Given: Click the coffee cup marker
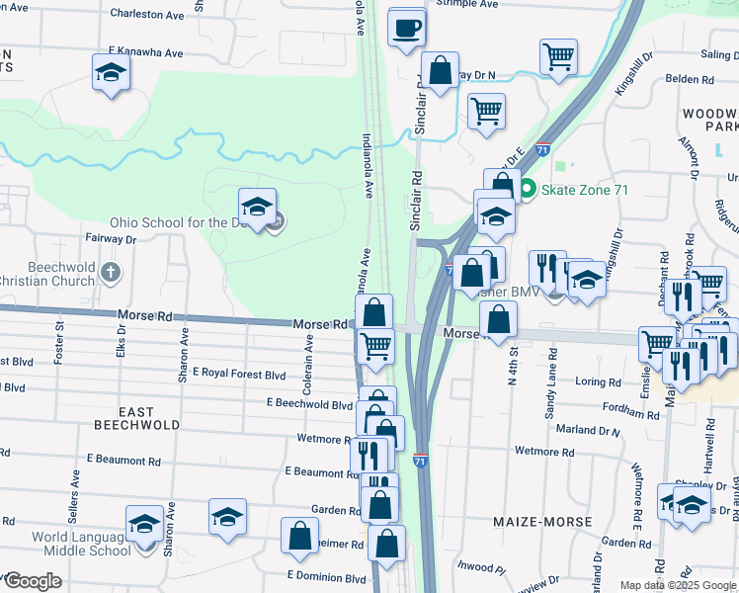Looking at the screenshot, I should [406, 28].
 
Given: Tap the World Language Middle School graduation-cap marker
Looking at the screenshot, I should [144, 524].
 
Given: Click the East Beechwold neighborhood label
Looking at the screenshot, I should [136, 418].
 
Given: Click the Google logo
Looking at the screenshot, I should [33, 581].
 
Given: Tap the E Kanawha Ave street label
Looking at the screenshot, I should [146, 51].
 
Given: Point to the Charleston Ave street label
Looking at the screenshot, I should [147, 15].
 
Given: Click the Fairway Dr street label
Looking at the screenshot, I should [110, 238].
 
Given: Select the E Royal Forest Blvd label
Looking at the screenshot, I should [239, 375].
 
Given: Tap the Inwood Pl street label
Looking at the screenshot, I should [481, 567].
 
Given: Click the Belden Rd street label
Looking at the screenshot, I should [690, 79].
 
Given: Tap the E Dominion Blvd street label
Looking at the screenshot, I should [326, 575].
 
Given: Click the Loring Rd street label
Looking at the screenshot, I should [598, 381].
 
